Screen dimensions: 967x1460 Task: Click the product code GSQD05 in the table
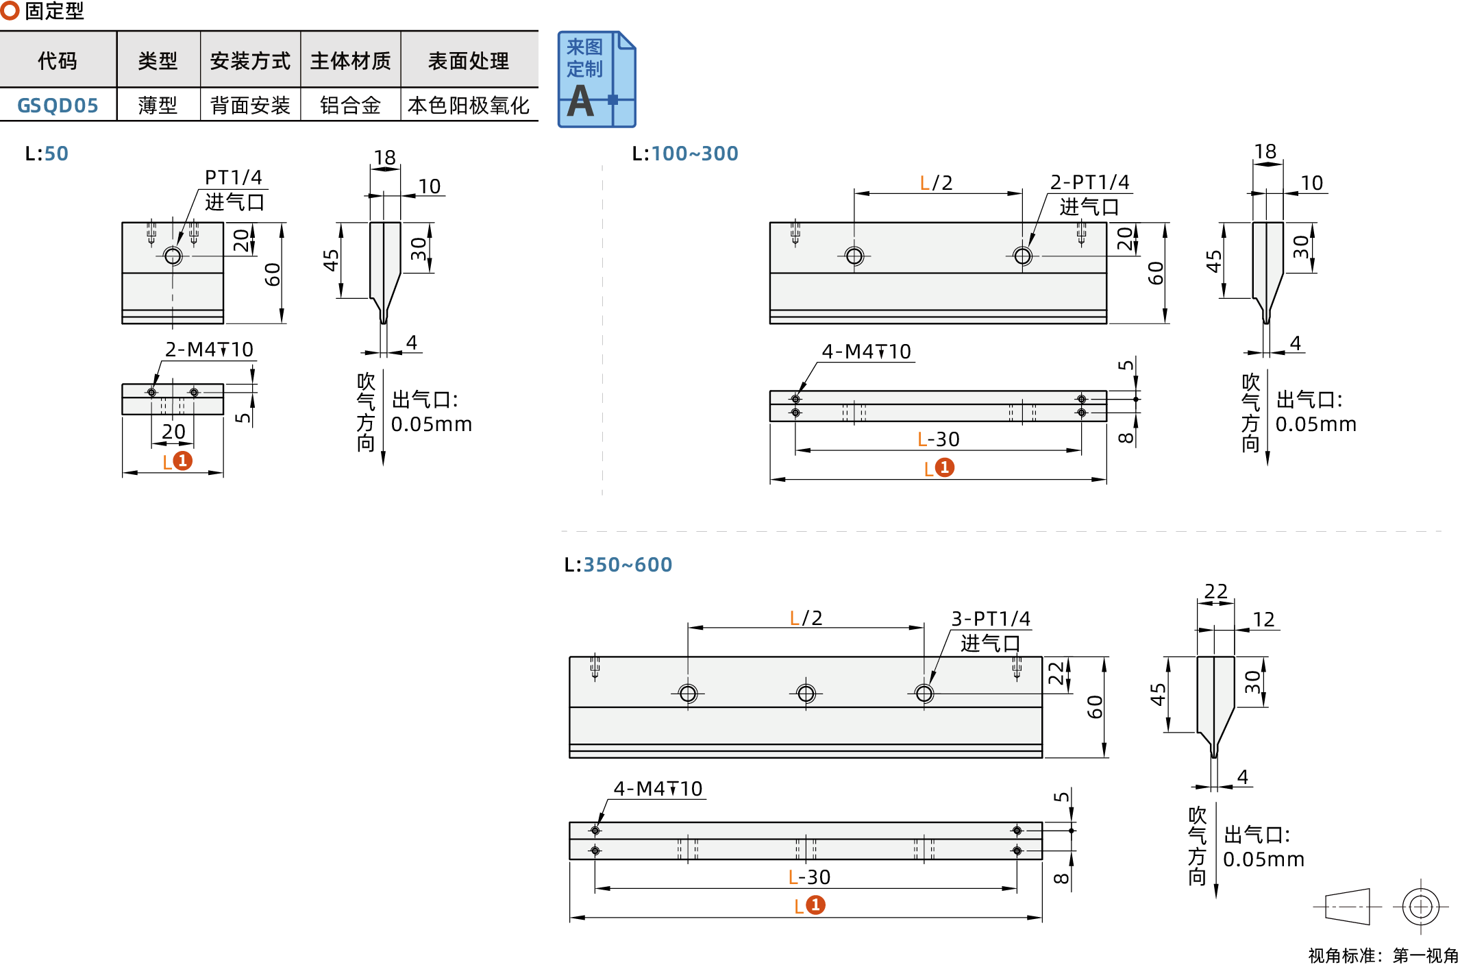(58, 106)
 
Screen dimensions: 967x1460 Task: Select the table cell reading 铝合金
(350, 106)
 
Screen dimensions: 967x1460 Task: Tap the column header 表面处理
(468, 61)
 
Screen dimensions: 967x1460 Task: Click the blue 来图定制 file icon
(596, 79)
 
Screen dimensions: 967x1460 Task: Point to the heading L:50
(47, 154)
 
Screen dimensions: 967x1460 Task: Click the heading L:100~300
(684, 154)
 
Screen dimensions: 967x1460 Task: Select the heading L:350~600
(617, 565)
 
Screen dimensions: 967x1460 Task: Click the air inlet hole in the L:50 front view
(173, 256)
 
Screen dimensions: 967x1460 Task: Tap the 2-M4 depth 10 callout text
(209, 350)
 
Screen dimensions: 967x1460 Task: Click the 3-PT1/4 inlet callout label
(990, 619)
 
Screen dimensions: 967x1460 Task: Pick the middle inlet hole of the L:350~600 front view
(806, 694)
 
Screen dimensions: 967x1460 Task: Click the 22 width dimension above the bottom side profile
(1215, 591)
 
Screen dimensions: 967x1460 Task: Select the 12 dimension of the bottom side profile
(1263, 620)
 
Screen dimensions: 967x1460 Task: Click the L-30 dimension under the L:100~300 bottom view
(938, 439)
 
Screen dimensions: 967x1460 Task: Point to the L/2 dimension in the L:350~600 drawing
(806, 618)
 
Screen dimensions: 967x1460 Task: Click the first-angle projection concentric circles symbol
(1420, 907)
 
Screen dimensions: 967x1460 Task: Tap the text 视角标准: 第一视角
(1383, 955)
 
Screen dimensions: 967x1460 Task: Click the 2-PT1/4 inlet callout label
(1089, 182)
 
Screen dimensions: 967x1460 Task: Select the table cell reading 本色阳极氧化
(468, 106)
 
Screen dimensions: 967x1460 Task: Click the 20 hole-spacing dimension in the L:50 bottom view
(173, 432)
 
